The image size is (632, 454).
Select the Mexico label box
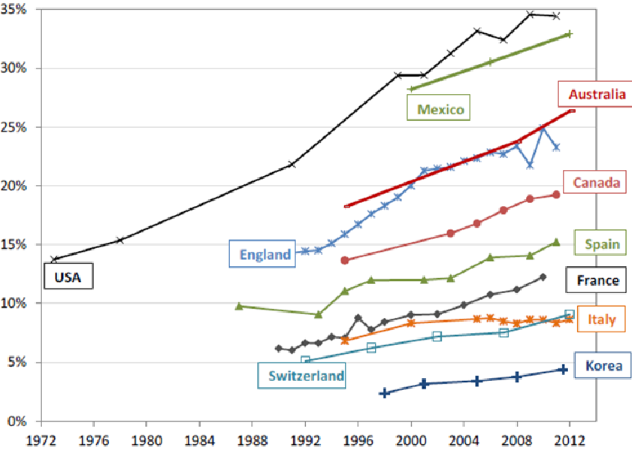[440, 109]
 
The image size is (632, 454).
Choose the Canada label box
[596, 182]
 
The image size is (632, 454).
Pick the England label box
[265, 254]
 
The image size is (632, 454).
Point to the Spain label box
[601, 243]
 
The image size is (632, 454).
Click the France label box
[597, 280]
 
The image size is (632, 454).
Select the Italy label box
[601, 319]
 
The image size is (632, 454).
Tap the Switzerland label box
[302, 376]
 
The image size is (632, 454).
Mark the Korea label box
[598, 366]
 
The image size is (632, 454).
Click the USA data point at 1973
[53, 259]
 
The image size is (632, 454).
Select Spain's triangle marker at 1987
[239, 306]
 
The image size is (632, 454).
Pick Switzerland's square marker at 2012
[570, 314]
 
